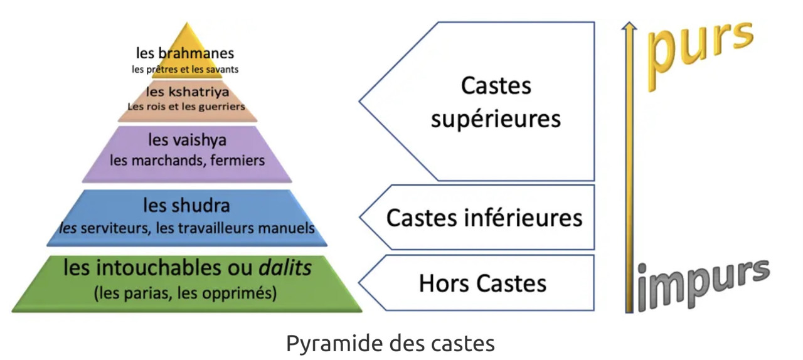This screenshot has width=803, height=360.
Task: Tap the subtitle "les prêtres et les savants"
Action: (x=184, y=70)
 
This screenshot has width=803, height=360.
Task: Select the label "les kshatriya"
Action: (x=186, y=93)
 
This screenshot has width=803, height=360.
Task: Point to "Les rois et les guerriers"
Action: (x=186, y=107)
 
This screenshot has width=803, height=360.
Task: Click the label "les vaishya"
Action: (x=187, y=139)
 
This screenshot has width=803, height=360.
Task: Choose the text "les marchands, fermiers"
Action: (x=187, y=161)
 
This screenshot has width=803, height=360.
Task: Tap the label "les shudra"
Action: (x=186, y=205)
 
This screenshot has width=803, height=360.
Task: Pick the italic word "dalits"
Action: (x=285, y=268)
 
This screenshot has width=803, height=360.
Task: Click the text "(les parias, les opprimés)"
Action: (x=185, y=293)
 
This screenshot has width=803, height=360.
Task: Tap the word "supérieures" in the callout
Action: (x=496, y=119)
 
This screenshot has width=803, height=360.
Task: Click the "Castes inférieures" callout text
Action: (x=484, y=218)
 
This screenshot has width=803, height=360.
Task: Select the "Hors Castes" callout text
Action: (x=482, y=283)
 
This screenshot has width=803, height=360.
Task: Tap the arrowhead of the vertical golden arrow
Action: (x=629, y=26)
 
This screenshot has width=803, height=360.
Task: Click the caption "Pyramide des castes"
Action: (x=390, y=344)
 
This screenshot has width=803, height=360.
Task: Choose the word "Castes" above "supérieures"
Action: (x=496, y=86)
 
